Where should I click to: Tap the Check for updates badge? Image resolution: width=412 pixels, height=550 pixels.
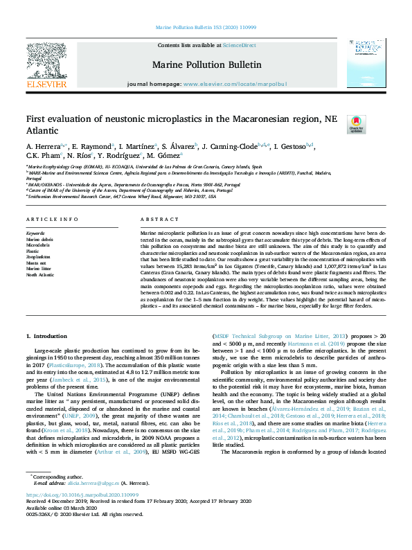click(356, 124)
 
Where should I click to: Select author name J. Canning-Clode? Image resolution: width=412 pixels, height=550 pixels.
click(229, 147)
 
